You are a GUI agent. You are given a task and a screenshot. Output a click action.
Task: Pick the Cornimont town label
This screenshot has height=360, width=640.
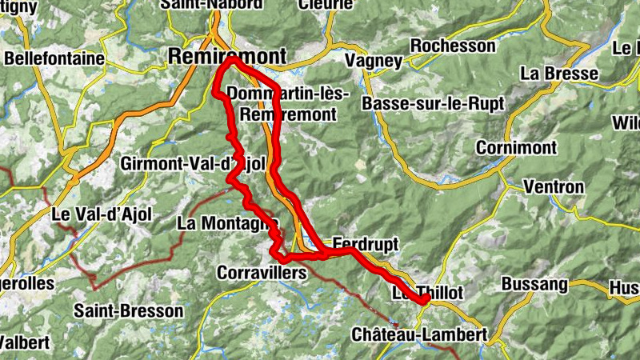point(514,148)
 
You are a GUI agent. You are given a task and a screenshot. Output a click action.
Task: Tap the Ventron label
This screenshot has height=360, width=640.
point(553,186)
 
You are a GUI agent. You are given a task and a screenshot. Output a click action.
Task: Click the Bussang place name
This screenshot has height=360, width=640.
point(534,284)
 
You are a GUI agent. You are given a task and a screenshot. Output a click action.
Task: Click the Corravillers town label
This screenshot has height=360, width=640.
point(262,273)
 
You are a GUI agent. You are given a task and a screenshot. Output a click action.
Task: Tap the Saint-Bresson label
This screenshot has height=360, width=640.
point(128,310)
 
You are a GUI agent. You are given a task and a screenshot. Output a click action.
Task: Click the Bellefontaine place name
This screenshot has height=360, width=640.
point(54,58)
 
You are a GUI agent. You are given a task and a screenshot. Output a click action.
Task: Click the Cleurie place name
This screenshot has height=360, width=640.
point(325,4)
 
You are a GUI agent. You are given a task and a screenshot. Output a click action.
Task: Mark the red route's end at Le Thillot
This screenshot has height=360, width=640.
point(426,299)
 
